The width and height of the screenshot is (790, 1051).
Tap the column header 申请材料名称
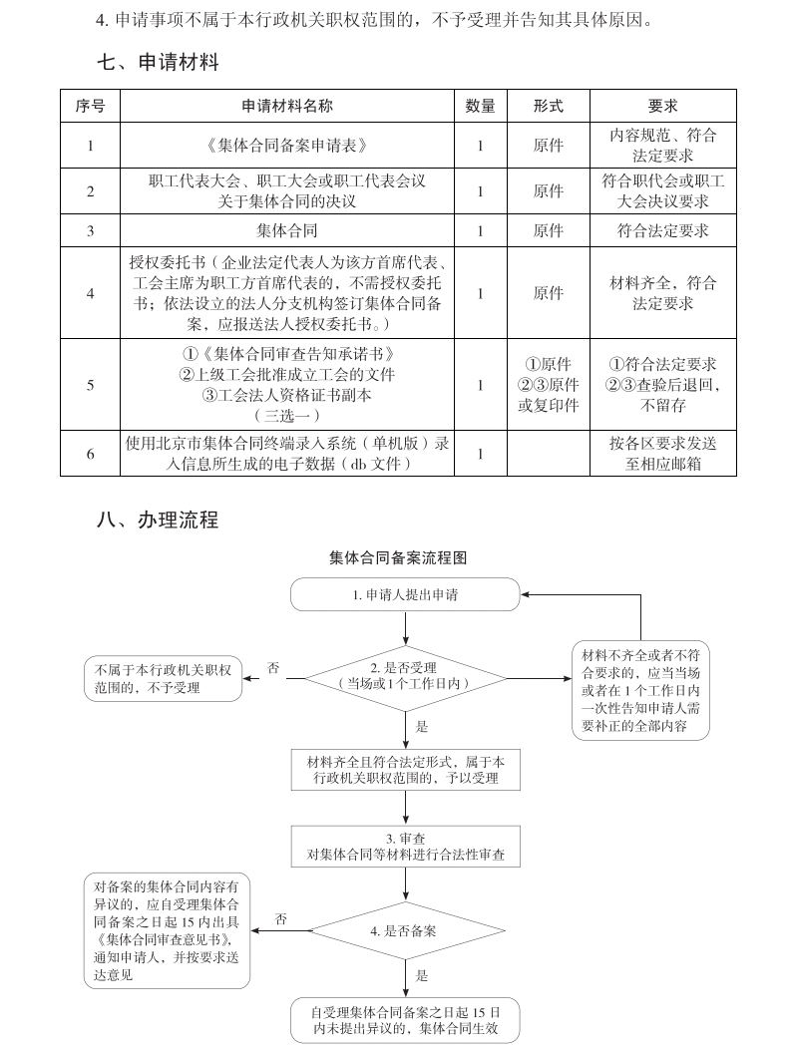click(x=286, y=106)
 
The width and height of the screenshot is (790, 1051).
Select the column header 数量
click(x=481, y=106)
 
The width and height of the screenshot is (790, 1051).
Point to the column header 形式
click(x=549, y=106)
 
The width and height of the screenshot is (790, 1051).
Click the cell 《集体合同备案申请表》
click(x=286, y=146)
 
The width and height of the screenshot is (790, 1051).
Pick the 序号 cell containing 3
click(x=90, y=231)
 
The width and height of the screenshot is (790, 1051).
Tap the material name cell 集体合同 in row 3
click(x=286, y=231)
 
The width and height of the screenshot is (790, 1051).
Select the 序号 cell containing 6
click(x=90, y=454)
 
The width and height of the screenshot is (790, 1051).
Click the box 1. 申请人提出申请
click(x=405, y=594)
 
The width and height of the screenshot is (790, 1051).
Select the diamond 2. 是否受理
click(x=405, y=676)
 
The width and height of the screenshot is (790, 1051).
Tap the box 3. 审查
click(x=405, y=847)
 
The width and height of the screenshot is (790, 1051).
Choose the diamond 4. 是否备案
click(x=405, y=930)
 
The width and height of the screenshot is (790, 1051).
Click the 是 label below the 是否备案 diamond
click(x=422, y=976)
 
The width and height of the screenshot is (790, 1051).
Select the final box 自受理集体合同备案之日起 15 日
click(x=405, y=1020)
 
